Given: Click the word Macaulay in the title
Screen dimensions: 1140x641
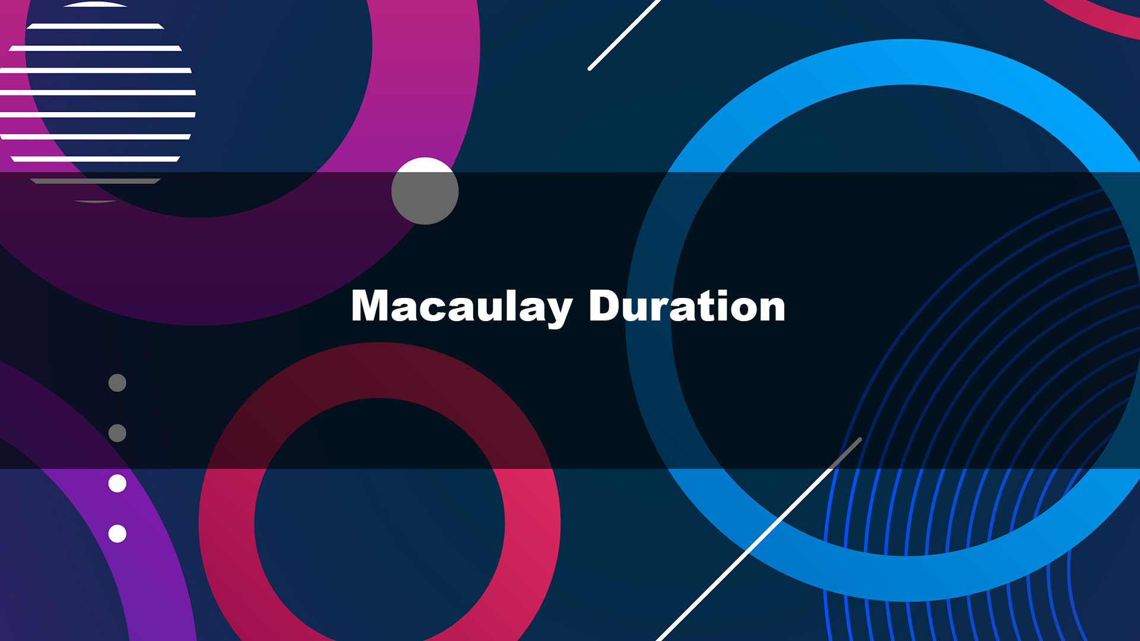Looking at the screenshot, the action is [x=462, y=307].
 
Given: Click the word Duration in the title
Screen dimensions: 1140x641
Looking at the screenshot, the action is [x=687, y=306].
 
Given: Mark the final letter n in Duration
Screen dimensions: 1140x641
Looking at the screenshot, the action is [x=771, y=309].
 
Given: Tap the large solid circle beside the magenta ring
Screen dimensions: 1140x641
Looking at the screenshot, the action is [x=425, y=191].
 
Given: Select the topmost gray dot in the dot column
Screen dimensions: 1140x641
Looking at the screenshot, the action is [x=118, y=383].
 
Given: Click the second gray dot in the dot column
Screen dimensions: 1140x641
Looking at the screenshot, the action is [x=118, y=433].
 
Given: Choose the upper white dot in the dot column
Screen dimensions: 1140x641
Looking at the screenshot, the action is [x=118, y=484].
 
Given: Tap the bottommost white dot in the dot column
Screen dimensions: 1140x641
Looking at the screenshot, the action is [x=118, y=534].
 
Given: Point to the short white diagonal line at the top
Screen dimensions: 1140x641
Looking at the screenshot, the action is [x=623, y=35].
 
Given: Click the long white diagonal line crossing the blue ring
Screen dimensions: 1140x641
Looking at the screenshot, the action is [x=759, y=540].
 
